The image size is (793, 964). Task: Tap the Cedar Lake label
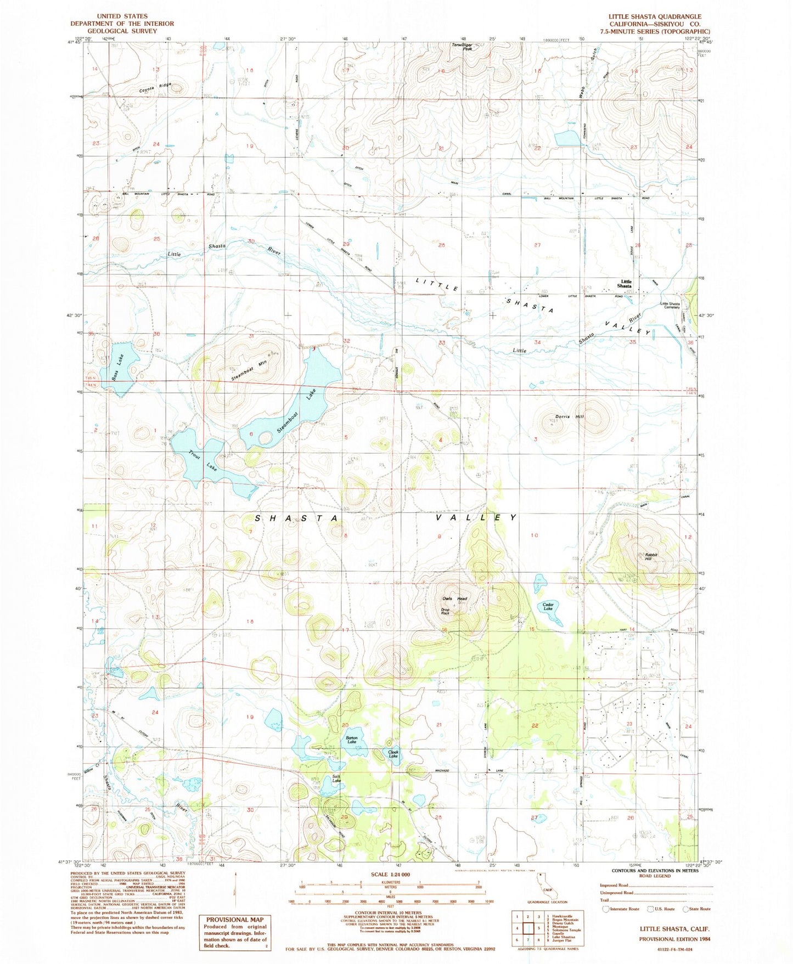pos(548,606)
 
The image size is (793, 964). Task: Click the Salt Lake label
pos(336,779)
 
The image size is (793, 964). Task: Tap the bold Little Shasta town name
pos(625,284)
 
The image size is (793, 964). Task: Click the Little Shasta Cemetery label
pos(670,306)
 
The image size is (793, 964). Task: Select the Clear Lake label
pos(393,754)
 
